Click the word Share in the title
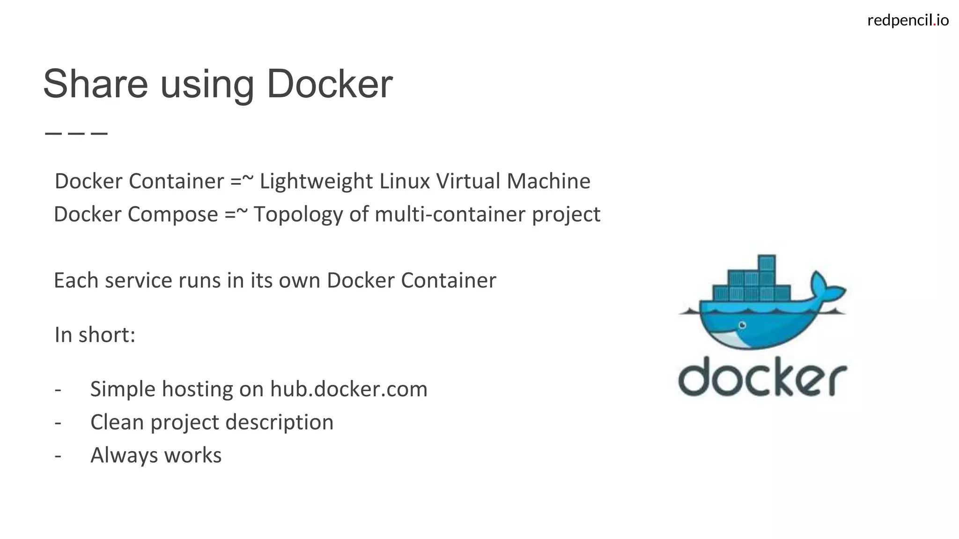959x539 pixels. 95,84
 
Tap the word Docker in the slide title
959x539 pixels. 330,84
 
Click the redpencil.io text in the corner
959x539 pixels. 908,20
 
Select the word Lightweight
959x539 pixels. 316,182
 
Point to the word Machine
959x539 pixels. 548,182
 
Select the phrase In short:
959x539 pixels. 95,335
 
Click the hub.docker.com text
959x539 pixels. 349,389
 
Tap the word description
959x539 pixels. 280,422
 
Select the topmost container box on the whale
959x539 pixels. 767,262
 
